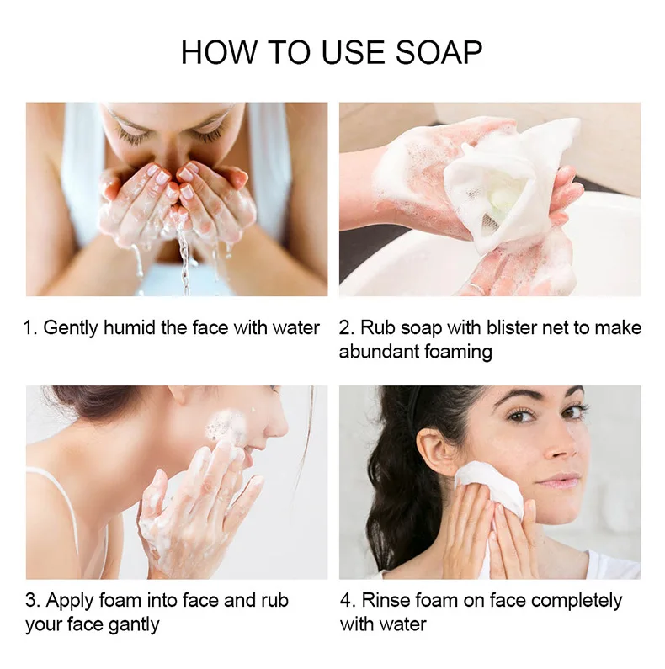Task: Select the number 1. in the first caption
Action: [30, 327]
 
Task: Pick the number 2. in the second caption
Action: [347, 327]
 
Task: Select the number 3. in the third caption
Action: [32, 601]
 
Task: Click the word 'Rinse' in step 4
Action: [388, 601]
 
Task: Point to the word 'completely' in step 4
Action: [577, 601]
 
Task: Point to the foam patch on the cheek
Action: [223, 425]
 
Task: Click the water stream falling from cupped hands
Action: [184, 252]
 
